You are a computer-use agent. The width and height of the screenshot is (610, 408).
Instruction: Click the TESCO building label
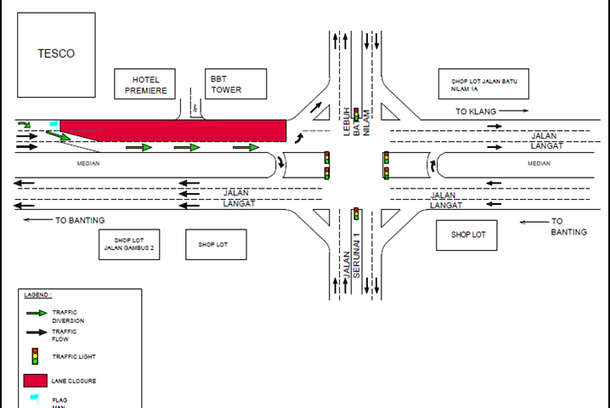[x=56, y=54]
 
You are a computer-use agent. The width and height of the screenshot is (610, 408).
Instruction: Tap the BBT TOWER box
[x=235, y=83]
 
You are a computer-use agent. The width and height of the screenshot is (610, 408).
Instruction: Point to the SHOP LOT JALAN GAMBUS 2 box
[x=129, y=244]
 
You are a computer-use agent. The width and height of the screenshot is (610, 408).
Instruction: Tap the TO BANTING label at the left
[x=73, y=220]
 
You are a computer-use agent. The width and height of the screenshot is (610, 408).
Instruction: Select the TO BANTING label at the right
[x=568, y=227]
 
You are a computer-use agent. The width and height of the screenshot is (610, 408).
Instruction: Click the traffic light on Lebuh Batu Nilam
[x=357, y=113]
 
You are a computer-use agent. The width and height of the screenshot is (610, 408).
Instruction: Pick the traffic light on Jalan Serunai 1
[x=357, y=213]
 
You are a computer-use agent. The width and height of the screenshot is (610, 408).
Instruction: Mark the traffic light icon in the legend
[x=35, y=355]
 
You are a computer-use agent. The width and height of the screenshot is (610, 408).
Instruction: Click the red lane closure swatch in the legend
[x=35, y=380]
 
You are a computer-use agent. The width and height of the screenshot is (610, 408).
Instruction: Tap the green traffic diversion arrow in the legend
[x=36, y=314]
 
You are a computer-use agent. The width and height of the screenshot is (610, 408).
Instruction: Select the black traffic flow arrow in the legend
[x=36, y=332]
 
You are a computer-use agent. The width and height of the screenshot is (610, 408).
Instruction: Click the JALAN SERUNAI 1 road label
[x=357, y=255]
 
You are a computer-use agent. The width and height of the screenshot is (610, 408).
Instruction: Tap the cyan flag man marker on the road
[x=54, y=125]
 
